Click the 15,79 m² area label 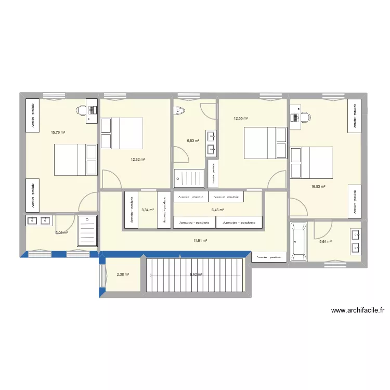pos(58,132)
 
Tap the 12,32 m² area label pos(138,160)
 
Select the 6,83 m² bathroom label pos(193,140)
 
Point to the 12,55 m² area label pos(241,118)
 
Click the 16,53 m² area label pos(318,186)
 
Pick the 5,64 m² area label pos(325,241)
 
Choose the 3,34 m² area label pos(148,210)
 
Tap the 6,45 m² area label pos(217,210)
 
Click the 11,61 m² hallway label pos(200,240)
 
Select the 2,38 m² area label pos(123,274)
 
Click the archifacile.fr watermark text pos(357,311)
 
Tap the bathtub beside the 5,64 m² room pos(298,241)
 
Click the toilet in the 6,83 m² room pos(180,111)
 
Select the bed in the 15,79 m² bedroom pos(76,160)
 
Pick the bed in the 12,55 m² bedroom pos(265,143)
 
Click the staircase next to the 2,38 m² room pos(196,275)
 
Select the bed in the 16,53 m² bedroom pos(311,163)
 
